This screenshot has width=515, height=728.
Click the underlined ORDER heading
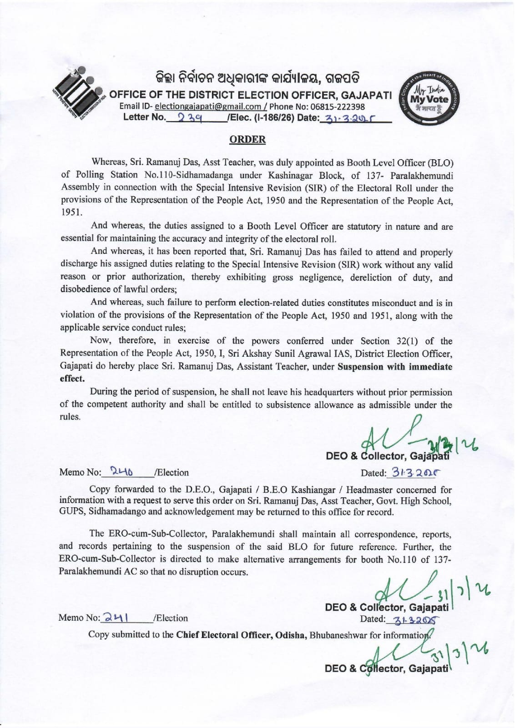tap(247, 140)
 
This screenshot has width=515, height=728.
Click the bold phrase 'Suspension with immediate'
tap(395, 367)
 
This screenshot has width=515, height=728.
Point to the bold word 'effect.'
tap(72, 379)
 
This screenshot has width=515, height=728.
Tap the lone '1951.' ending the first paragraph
tap(71, 212)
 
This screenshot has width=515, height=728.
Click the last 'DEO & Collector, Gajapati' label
tap(386, 668)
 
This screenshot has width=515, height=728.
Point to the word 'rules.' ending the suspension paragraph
tap(70, 417)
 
